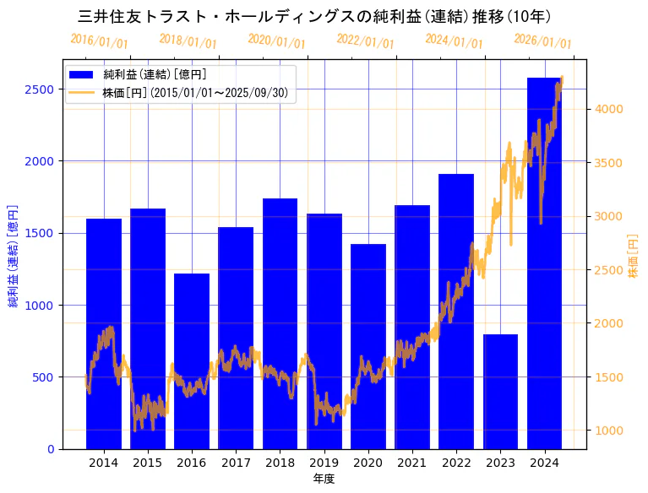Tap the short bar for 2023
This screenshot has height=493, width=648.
click(500, 392)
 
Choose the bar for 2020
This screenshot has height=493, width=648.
click(368, 346)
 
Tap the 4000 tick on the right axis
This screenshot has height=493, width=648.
click(609, 109)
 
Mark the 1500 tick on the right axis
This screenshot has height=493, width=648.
click(609, 377)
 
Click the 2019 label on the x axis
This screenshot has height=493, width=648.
click(324, 463)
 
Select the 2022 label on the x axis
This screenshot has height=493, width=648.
click(456, 463)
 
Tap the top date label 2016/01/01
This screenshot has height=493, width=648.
click(100, 41)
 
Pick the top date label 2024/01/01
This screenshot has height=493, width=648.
click(455, 41)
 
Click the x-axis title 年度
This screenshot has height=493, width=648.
click(324, 479)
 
